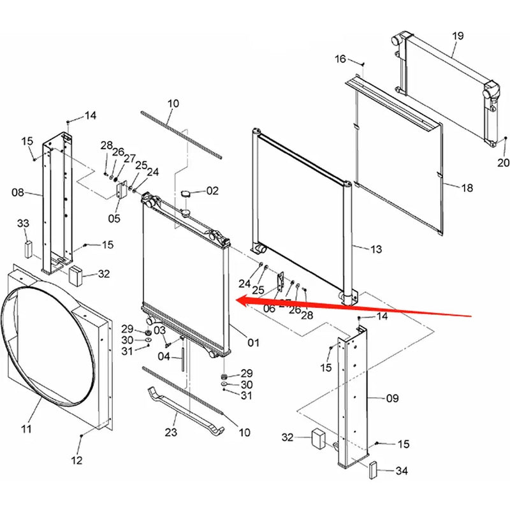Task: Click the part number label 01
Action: (254, 343)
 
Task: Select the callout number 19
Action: (458, 36)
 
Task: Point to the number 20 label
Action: (503, 163)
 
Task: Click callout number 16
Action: (340, 59)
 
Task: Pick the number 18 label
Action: (467, 188)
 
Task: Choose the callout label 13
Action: (376, 249)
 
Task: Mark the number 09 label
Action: (393, 398)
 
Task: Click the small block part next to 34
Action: (373, 470)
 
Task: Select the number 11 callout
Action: (26, 429)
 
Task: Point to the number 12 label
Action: (76, 460)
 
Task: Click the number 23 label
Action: (170, 432)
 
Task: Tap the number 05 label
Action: (114, 219)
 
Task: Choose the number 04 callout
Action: (164, 356)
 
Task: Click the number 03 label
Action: (159, 330)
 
